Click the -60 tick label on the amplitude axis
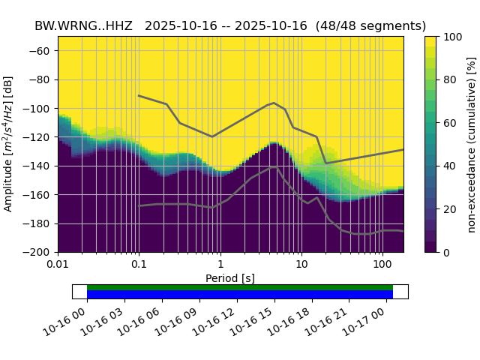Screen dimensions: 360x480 pos(41,51)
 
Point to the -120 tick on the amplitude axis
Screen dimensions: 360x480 pos(38,137)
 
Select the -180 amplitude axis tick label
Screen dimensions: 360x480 pos(38,223)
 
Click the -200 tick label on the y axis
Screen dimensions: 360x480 pos(38,253)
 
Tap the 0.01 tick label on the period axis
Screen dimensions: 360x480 pos(58,265)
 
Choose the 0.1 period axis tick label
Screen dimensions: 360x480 pos(139,265)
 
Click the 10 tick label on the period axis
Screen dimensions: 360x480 pos(301,265)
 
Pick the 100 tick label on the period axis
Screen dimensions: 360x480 pos(382,265)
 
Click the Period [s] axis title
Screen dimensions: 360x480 pos(230,278)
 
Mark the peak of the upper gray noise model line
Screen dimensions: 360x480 pos(274,103)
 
